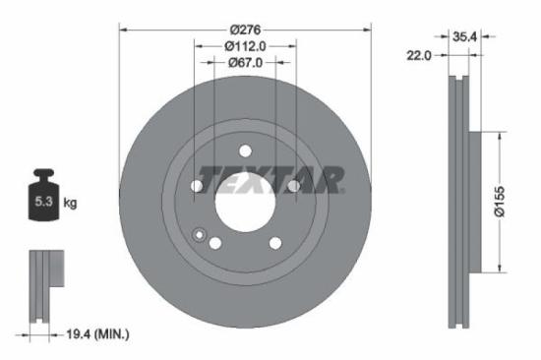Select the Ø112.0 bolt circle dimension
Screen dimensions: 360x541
point(245,45)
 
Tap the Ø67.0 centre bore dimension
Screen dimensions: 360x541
point(245,63)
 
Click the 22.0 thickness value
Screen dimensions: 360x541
point(420,56)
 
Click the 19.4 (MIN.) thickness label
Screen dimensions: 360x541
point(93,334)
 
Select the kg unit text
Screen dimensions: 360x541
point(70,203)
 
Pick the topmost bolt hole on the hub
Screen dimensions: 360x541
point(244,150)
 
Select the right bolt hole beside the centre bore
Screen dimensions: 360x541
point(292,185)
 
